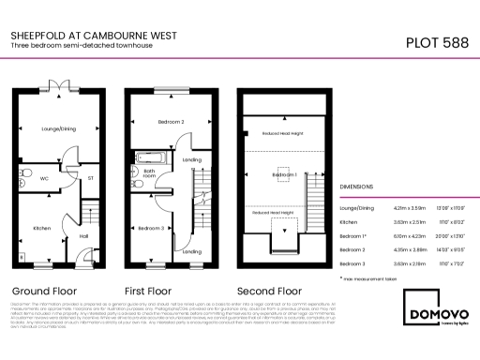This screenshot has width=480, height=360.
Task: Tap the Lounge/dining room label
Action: [x=57, y=128]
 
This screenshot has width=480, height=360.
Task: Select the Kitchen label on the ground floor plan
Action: [x=42, y=228]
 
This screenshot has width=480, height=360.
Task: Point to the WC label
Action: [x=44, y=175]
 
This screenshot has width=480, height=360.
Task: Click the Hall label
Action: [x=82, y=235]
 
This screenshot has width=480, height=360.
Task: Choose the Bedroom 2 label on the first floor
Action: [x=170, y=122]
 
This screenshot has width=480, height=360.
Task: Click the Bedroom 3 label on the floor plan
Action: [x=151, y=228]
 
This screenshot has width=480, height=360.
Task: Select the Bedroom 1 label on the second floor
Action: [x=284, y=175]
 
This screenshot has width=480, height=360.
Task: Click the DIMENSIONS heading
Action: [x=360, y=187]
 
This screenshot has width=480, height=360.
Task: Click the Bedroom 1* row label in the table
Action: [x=354, y=236]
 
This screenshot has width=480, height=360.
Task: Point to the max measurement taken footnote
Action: [x=369, y=278]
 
